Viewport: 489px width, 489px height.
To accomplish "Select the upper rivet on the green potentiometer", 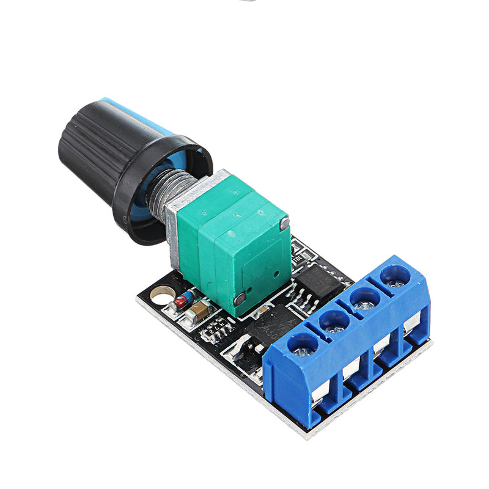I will tap(284, 224).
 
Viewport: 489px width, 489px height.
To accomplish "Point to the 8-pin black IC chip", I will tap(318, 285).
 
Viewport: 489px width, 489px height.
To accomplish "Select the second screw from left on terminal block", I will tap(334, 322).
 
